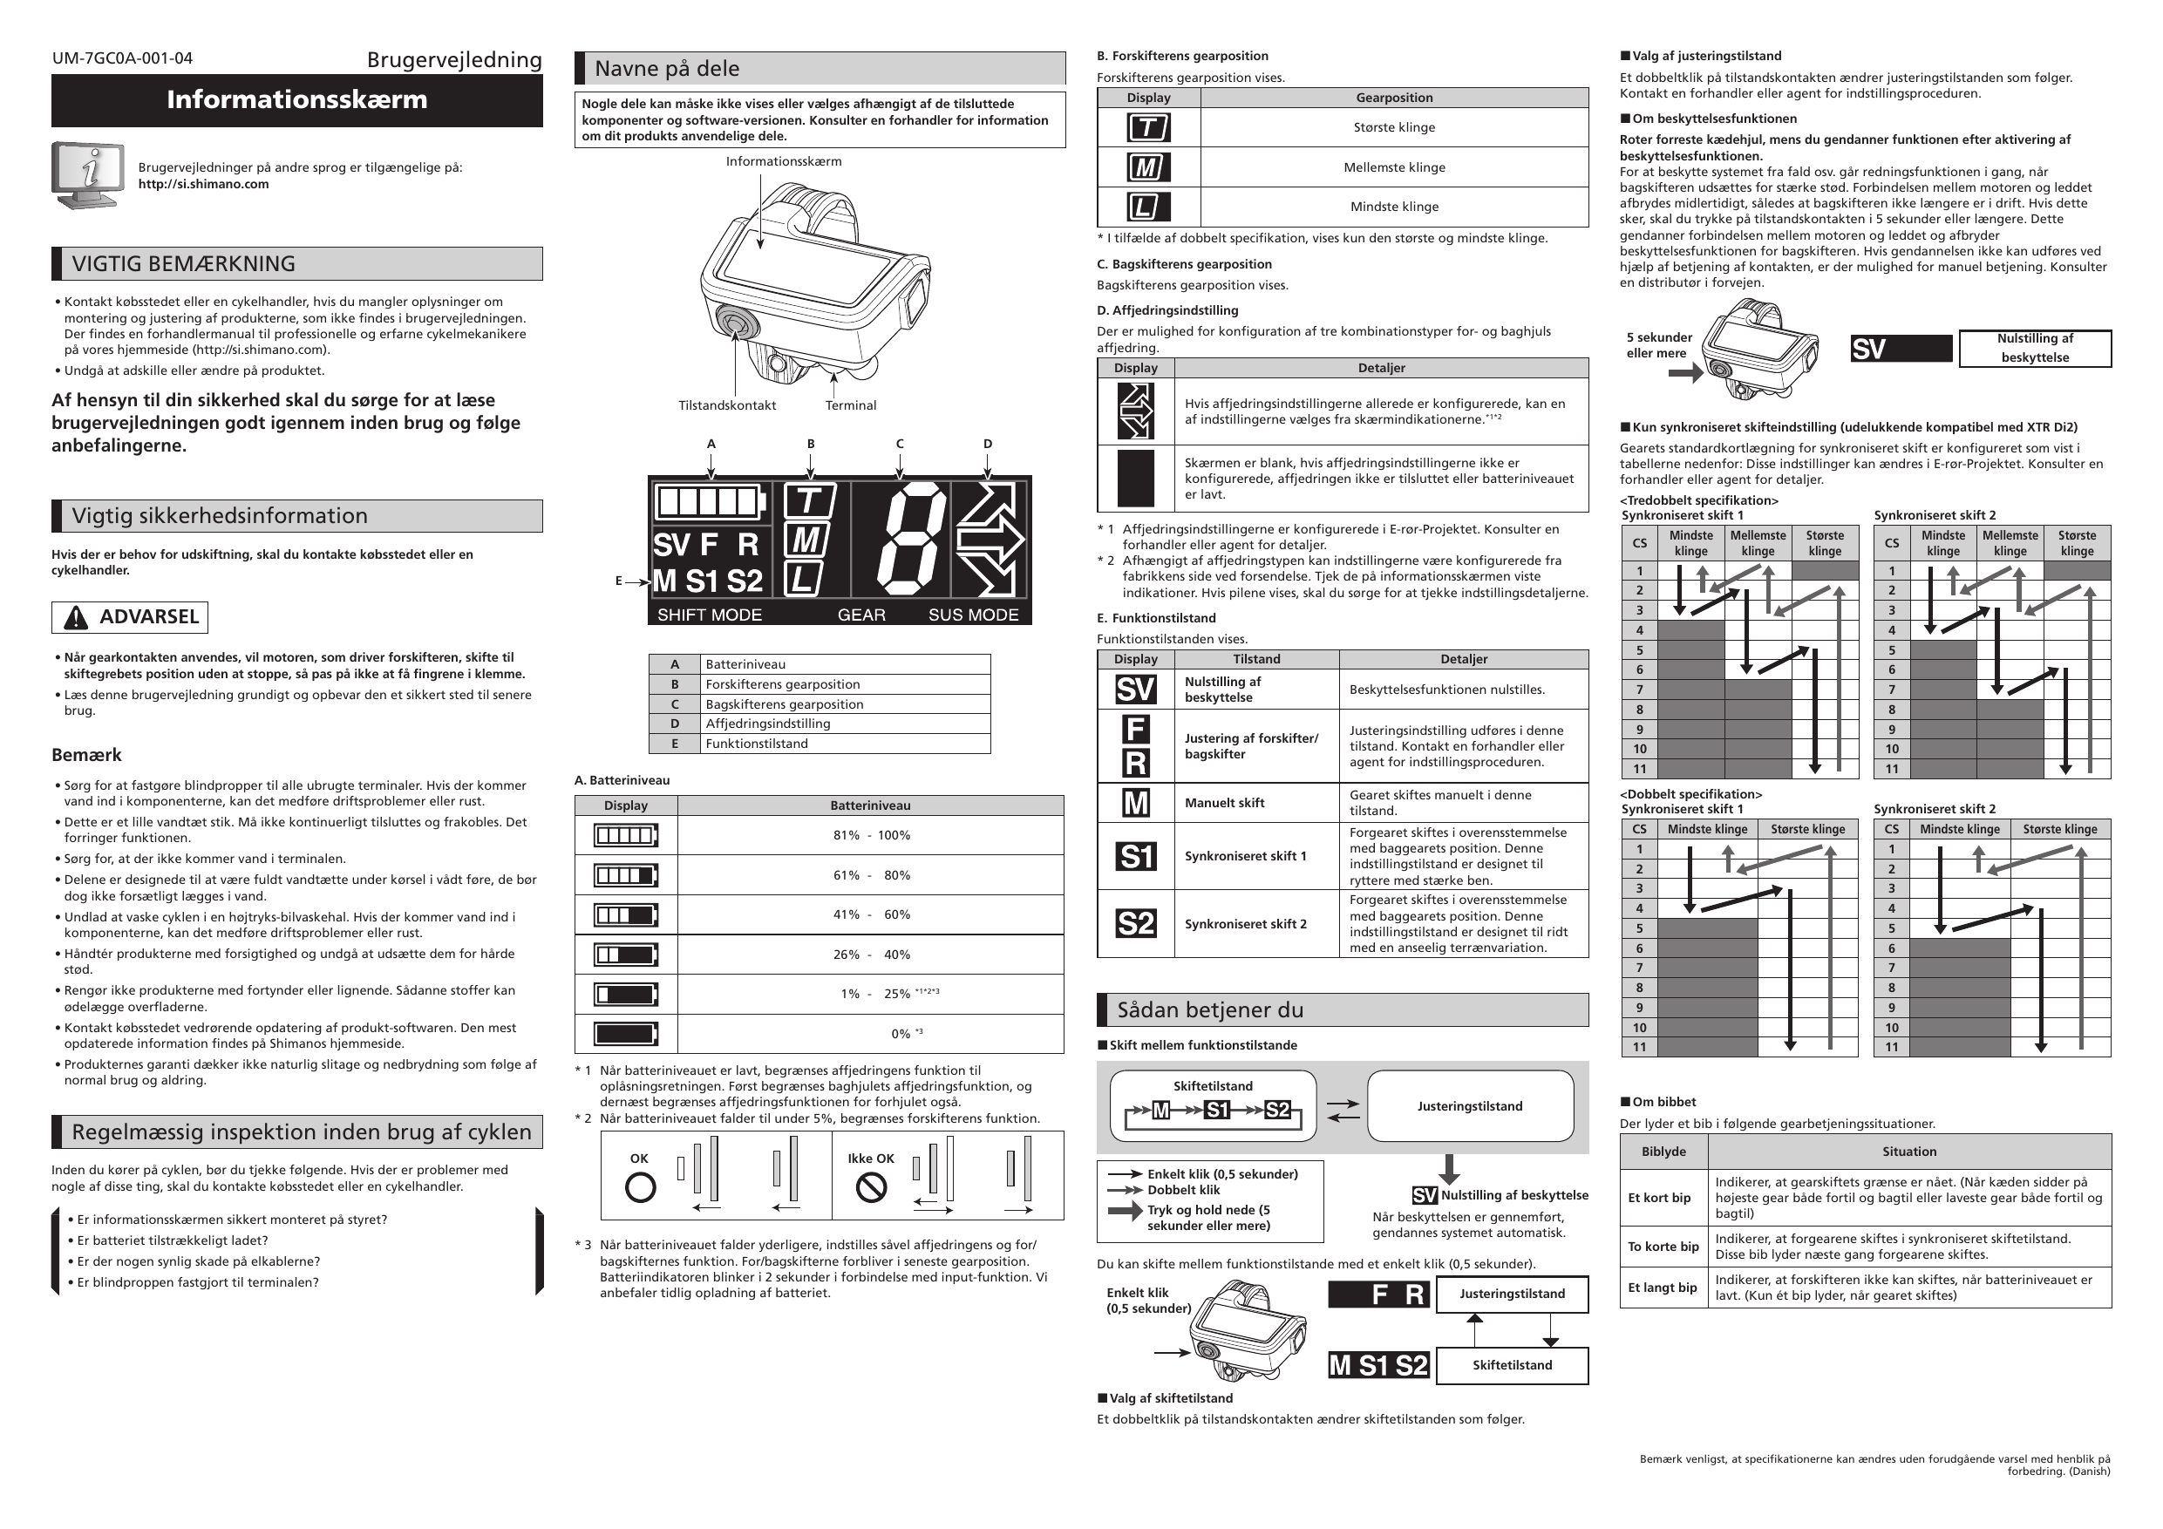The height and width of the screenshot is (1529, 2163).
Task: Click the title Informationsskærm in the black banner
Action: pyautogui.click(x=296, y=100)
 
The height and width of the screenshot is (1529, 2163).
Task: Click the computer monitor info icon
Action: pyautogui.click(x=87, y=175)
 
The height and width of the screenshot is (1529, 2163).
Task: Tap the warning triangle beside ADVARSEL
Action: pyautogui.click(x=75, y=618)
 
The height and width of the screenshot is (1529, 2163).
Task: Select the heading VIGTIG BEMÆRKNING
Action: pyautogui.click(x=184, y=264)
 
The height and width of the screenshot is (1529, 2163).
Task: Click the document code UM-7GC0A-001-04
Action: pyautogui.click(x=122, y=58)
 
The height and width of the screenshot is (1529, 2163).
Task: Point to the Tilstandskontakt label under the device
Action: pyautogui.click(x=726, y=406)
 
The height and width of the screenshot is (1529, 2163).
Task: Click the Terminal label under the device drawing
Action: pyautogui.click(x=850, y=406)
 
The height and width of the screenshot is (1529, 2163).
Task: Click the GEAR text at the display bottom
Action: pyautogui.click(x=861, y=615)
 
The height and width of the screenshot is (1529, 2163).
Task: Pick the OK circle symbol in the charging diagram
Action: pyautogui.click(x=641, y=1188)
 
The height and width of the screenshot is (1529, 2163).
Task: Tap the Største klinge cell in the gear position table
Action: pyautogui.click(x=1393, y=128)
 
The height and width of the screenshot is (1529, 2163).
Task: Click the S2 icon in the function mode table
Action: pyautogui.click(x=1135, y=924)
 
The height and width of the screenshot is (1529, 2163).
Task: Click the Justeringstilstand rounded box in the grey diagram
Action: pyautogui.click(x=1470, y=1107)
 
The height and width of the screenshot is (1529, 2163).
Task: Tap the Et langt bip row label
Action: pyautogui.click(x=1663, y=1288)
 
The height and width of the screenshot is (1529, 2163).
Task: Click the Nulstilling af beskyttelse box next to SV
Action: pyautogui.click(x=2034, y=349)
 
